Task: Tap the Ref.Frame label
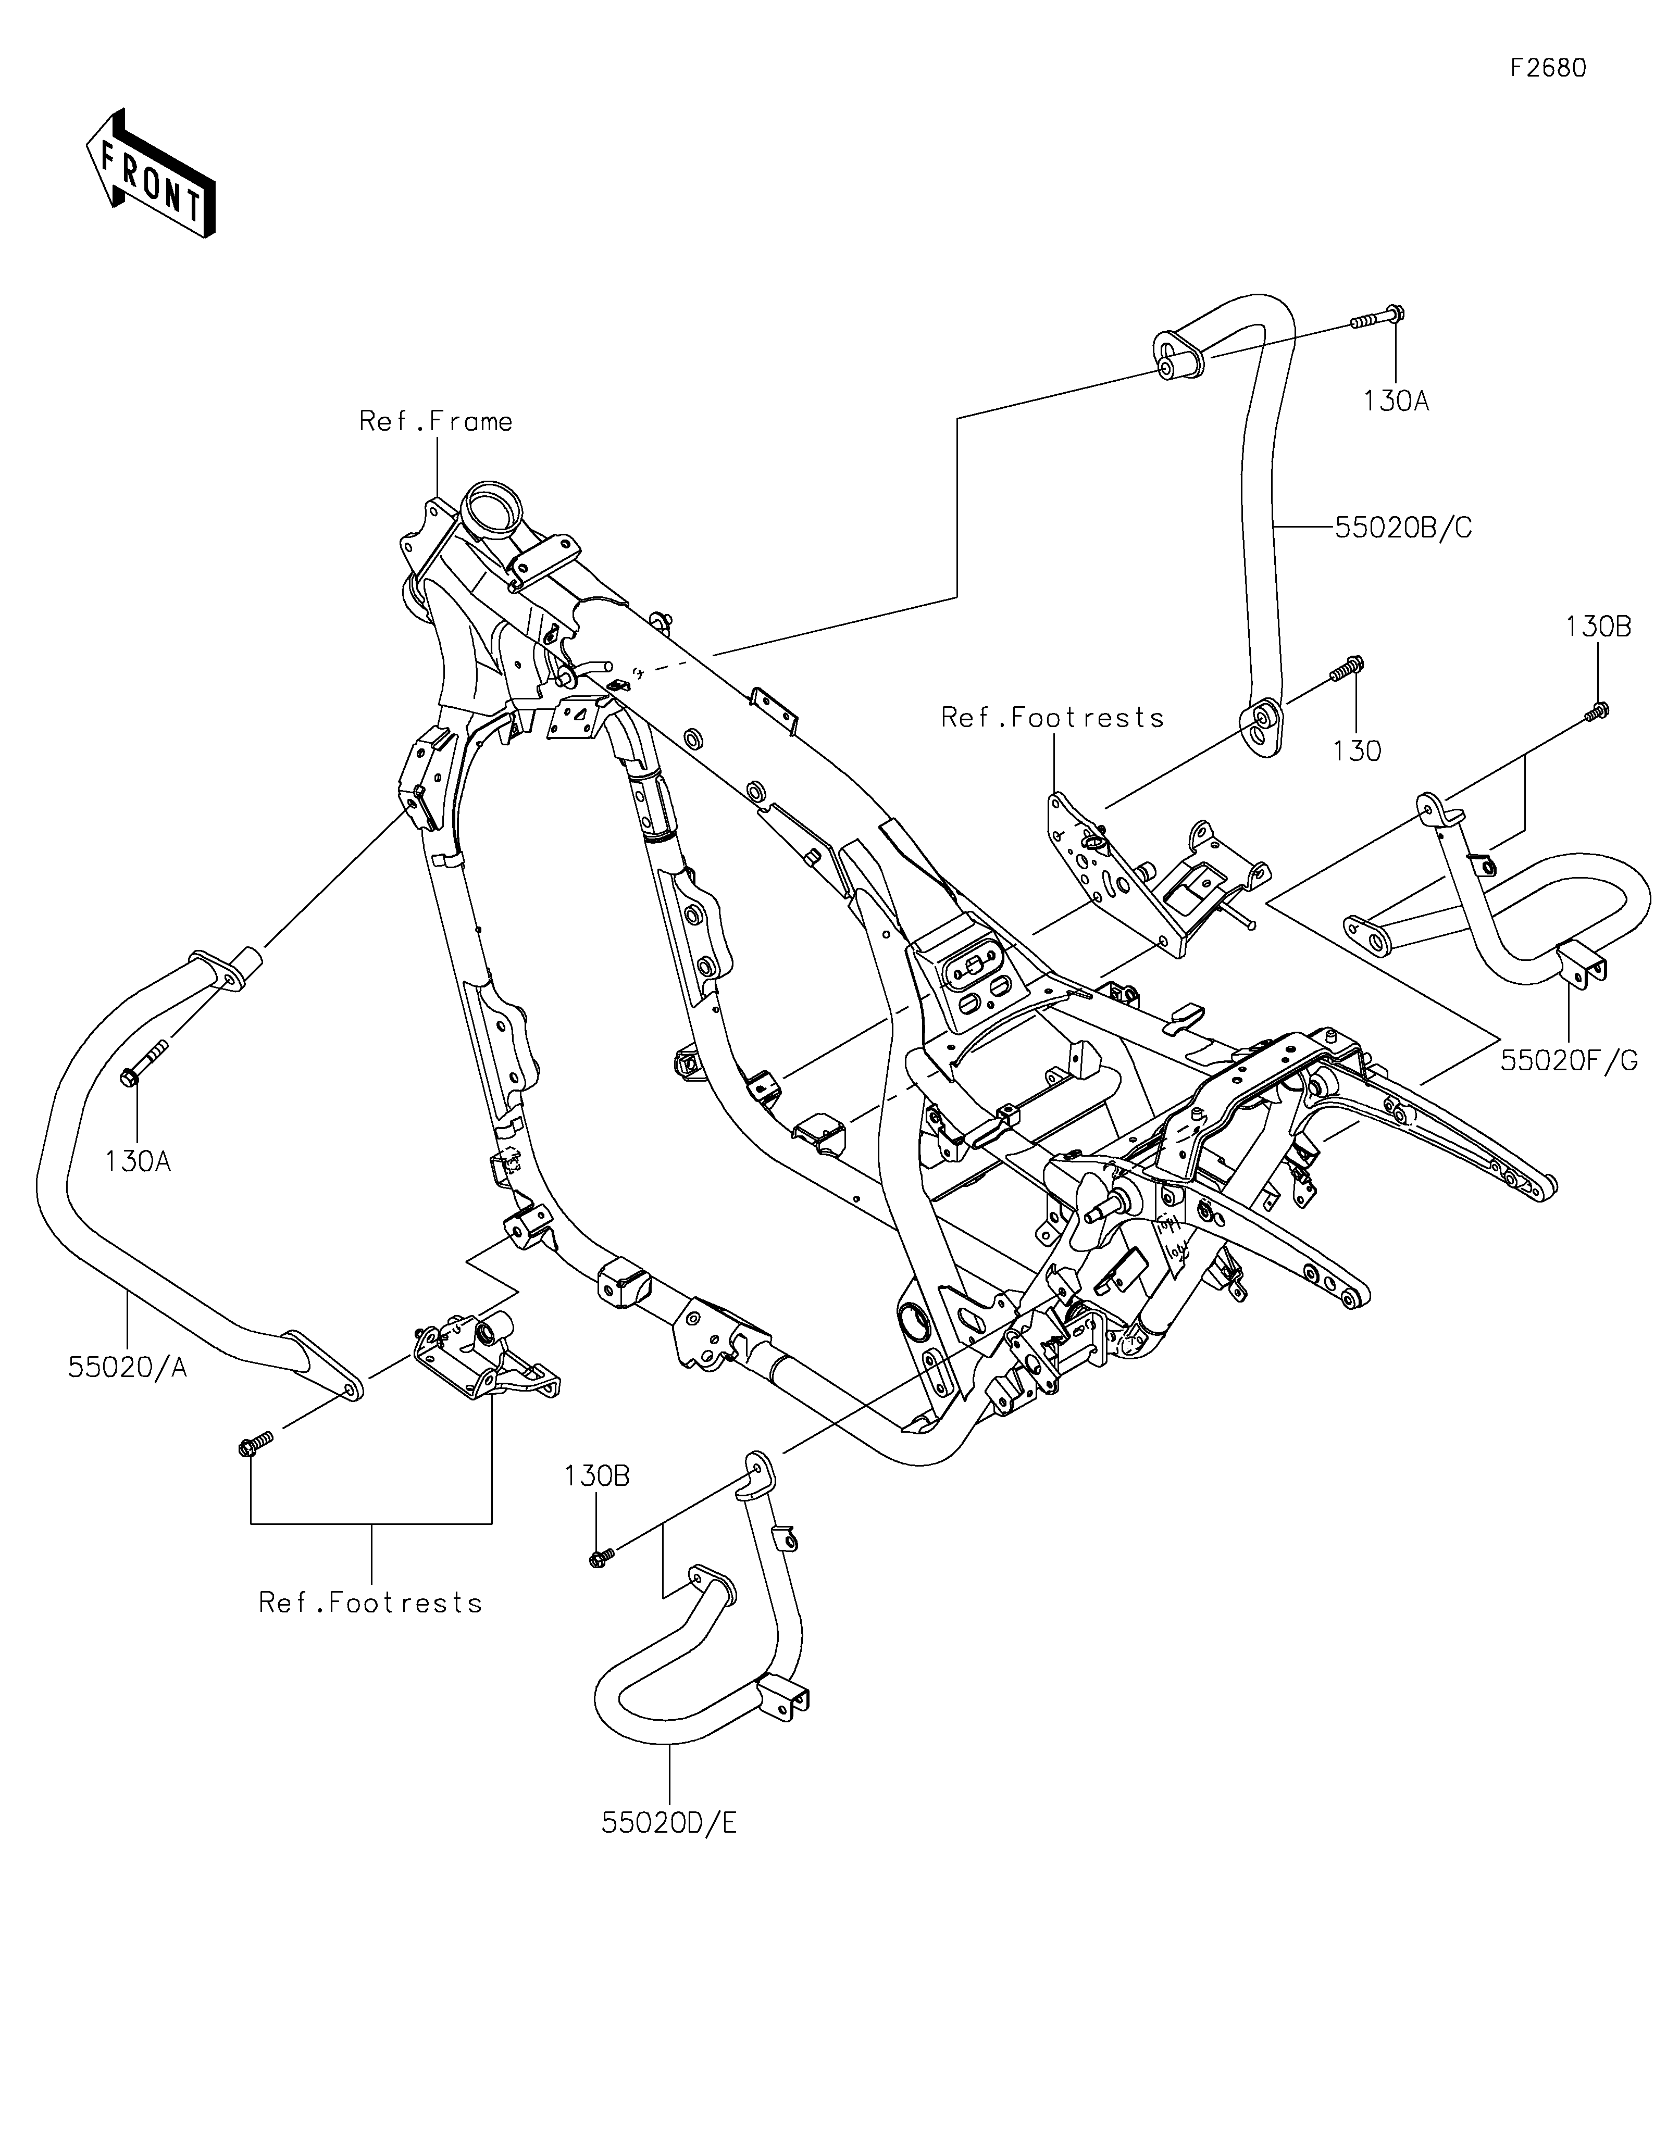436,422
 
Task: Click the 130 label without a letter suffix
1358,751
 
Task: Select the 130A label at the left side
138,1161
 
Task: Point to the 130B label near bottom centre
598,1504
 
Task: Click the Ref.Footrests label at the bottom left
371,1603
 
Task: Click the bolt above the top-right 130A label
1377,318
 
